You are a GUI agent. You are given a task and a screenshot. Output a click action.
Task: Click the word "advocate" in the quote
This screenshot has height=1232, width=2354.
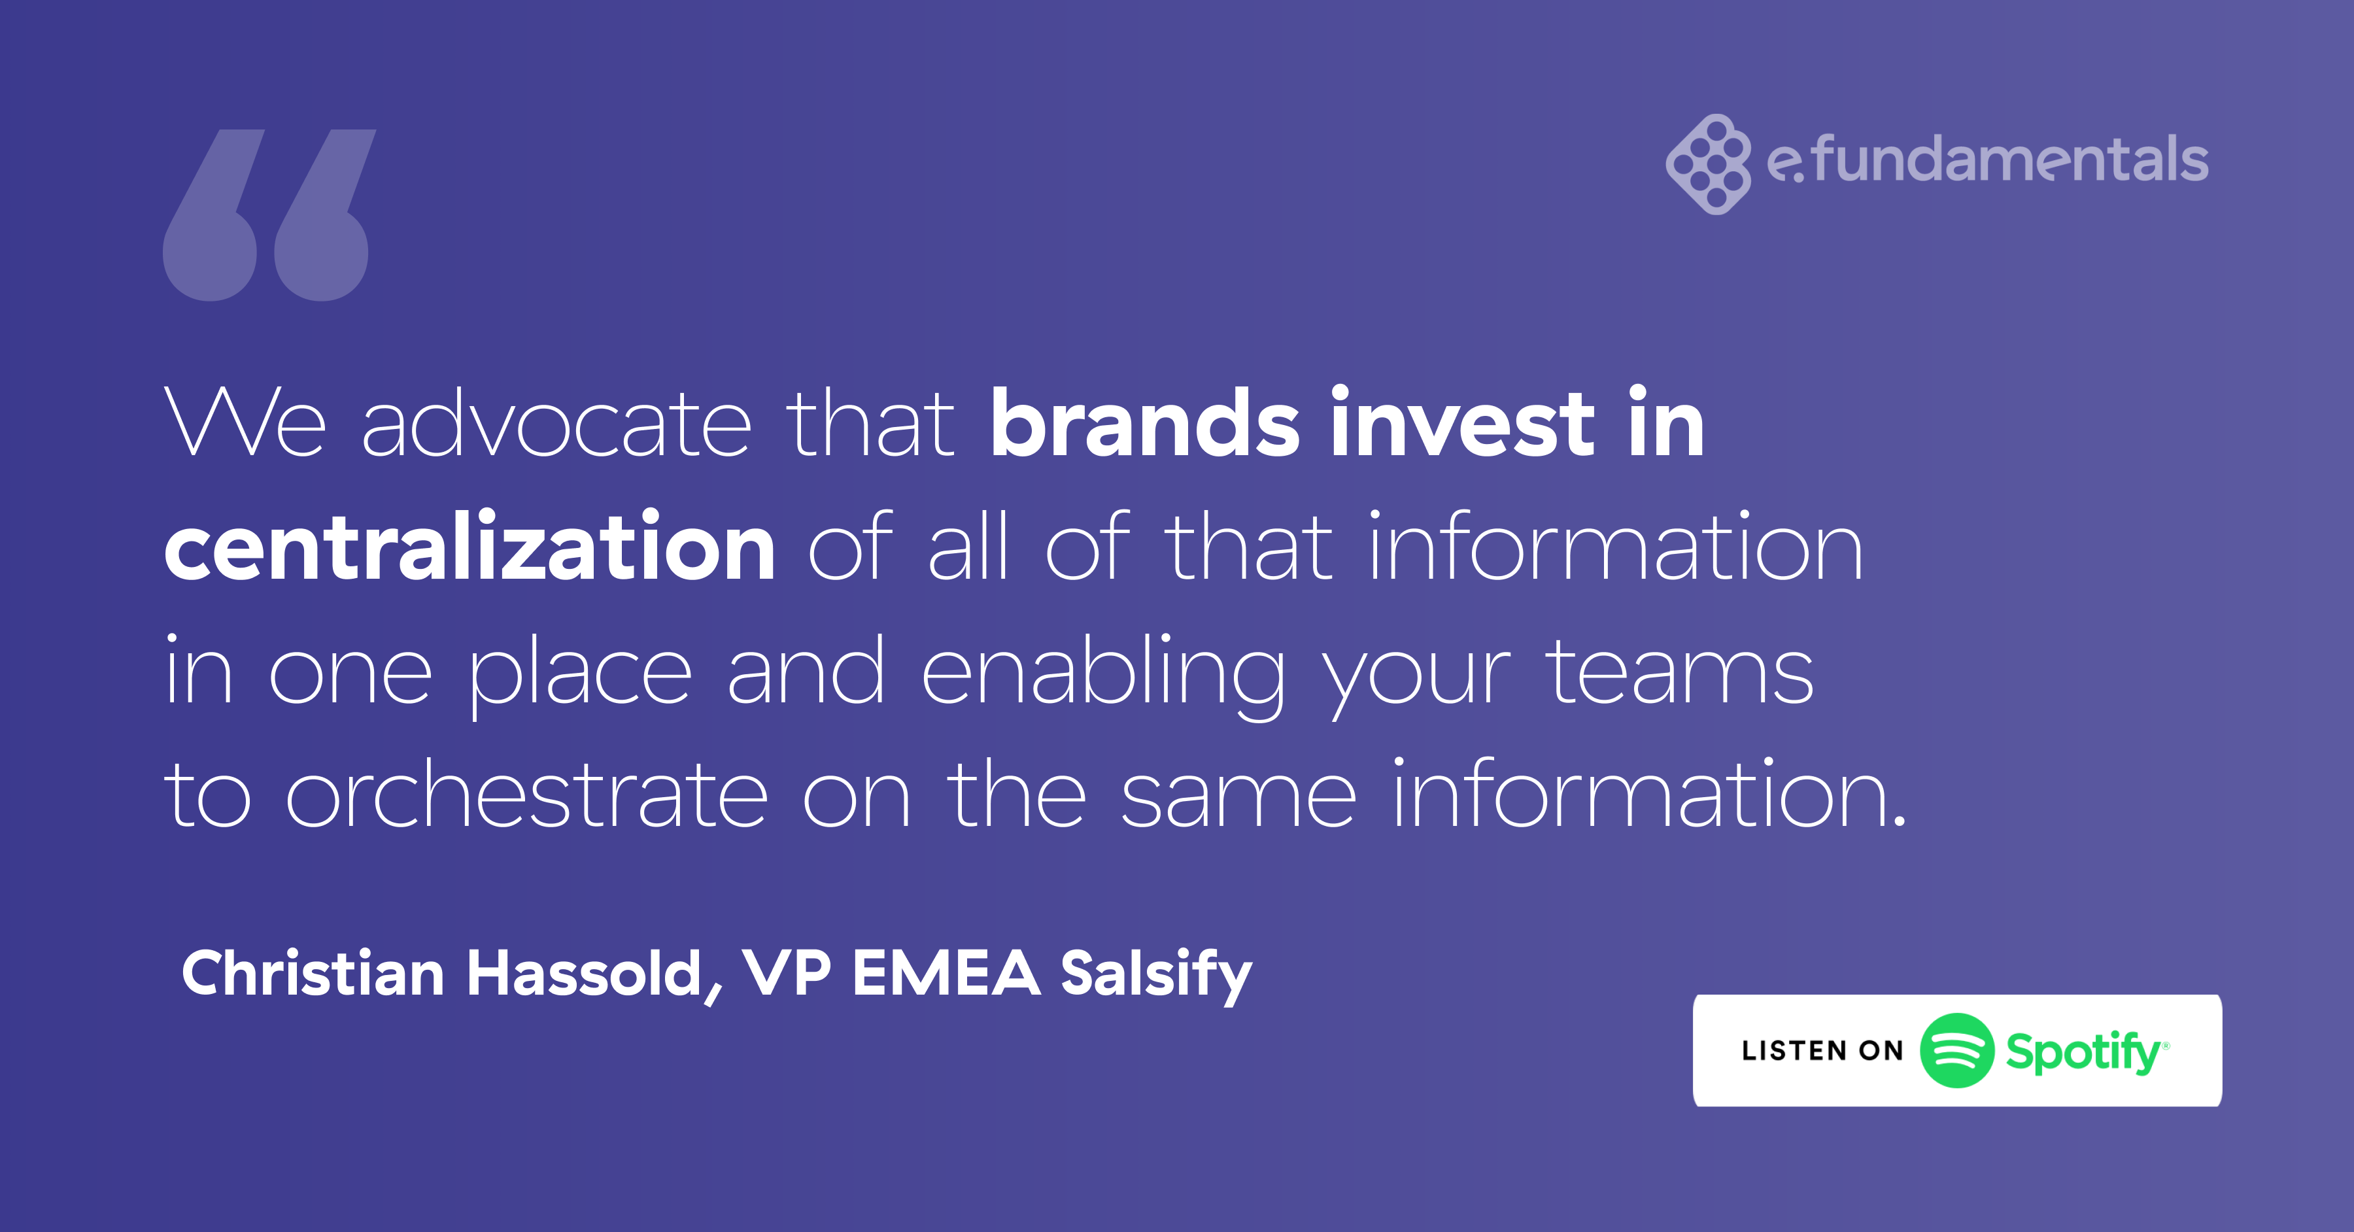click(x=556, y=423)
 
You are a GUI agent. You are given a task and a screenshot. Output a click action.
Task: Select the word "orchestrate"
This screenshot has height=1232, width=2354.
click(x=527, y=793)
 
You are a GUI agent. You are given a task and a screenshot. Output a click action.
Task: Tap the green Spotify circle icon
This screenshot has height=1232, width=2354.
click(x=1956, y=1050)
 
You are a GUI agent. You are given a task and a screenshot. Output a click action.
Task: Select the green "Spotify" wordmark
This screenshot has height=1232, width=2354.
click(x=2085, y=1053)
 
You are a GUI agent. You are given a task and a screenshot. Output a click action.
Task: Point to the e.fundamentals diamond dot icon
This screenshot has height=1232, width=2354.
click(x=1708, y=165)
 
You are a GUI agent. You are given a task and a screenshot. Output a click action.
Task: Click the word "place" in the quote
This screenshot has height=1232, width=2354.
click(x=580, y=676)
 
